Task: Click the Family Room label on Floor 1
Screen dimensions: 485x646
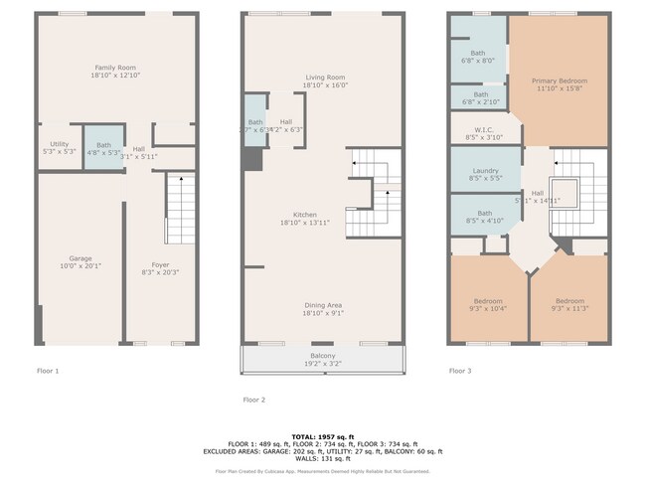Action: coord(115,71)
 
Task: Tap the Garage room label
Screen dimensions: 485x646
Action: coord(80,260)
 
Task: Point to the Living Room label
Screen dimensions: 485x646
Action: coord(324,81)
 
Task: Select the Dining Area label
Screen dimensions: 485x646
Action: coord(323,309)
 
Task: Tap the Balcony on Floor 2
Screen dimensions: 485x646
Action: coord(323,360)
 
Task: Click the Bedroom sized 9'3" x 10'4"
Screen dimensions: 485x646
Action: coord(488,305)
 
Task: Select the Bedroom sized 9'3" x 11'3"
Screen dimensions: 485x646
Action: coord(569,305)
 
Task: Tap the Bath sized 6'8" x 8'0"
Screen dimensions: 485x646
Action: coord(478,57)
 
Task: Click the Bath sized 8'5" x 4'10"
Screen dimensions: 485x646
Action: coord(484,217)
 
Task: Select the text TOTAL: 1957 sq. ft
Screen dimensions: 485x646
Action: coord(323,436)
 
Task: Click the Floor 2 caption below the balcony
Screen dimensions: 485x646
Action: coord(255,399)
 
